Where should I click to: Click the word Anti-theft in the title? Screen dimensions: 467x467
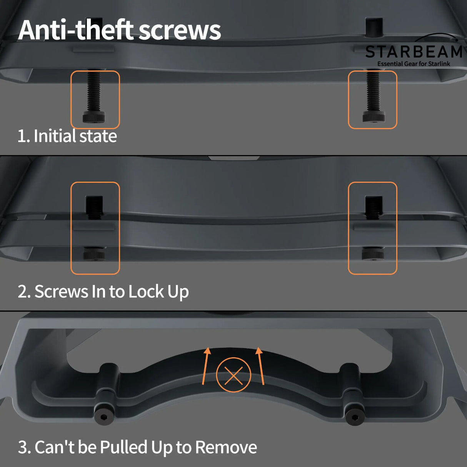(x=76, y=30)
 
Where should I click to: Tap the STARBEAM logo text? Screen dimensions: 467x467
(x=414, y=52)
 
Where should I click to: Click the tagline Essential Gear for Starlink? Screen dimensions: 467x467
(x=414, y=64)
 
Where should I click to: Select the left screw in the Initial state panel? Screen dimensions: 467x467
(x=94, y=98)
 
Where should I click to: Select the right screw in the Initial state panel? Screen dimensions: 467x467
(x=373, y=98)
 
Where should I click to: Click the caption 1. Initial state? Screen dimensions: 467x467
(x=67, y=136)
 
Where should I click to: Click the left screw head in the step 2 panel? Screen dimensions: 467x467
(x=94, y=254)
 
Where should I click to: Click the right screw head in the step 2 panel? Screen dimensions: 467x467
(x=373, y=254)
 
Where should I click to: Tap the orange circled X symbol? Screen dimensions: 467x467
(x=233, y=375)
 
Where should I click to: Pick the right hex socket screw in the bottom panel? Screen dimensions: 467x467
(x=354, y=417)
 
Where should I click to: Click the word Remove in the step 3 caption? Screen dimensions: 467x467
(x=226, y=447)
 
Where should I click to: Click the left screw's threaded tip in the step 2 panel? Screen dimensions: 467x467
(x=94, y=208)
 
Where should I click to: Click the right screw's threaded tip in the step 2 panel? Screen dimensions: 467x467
(x=373, y=208)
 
